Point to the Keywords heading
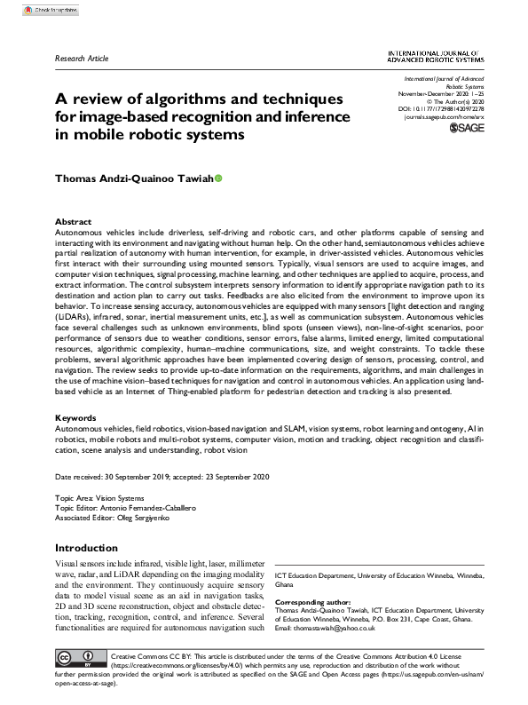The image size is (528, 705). click(x=75, y=416)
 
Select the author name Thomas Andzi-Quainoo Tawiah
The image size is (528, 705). click(x=133, y=178)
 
